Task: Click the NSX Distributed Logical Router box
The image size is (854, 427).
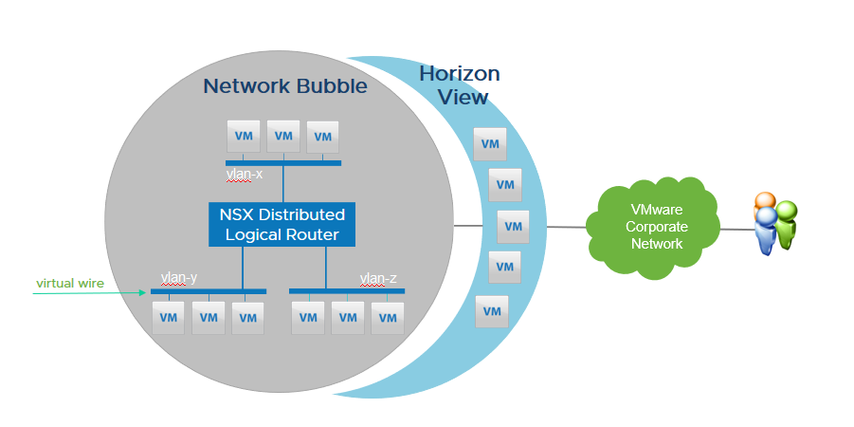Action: click(282, 224)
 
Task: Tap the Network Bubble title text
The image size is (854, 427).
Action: click(284, 87)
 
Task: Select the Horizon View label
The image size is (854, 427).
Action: click(460, 84)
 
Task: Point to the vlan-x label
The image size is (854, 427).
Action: click(245, 174)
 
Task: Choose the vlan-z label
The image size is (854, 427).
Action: click(377, 278)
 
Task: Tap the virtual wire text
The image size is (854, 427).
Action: click(70, 283)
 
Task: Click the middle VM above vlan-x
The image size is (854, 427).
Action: click(282, 137)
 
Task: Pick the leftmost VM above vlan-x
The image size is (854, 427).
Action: click(243, 137)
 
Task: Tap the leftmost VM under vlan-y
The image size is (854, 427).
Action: click(169, 318)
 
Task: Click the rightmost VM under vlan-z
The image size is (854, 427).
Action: click(387, 318)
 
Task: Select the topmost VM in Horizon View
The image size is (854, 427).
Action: click(490, 144)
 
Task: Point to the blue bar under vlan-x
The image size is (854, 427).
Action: click(283, 163)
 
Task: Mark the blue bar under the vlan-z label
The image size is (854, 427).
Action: click(346, 290)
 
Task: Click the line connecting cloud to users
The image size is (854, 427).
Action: click(734, 229)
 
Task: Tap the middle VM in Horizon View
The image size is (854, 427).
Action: click(513, 227)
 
